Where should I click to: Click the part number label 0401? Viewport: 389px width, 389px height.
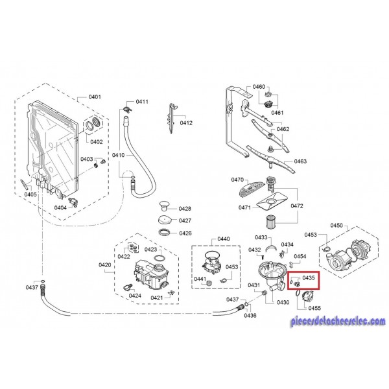95,97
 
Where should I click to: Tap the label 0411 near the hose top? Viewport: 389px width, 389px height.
142,102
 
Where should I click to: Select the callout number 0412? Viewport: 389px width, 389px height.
187,123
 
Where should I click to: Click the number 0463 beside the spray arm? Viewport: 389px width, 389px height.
300,161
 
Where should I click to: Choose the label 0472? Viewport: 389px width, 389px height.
296,206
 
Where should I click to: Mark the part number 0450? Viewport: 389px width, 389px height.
336,225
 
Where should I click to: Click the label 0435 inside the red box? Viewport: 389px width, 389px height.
308,277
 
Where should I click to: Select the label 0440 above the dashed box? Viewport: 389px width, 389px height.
223,239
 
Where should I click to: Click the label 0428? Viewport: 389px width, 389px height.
185,209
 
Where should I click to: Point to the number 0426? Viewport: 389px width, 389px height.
185,233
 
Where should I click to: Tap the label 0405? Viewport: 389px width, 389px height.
30,194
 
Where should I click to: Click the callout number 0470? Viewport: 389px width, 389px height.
237,180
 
